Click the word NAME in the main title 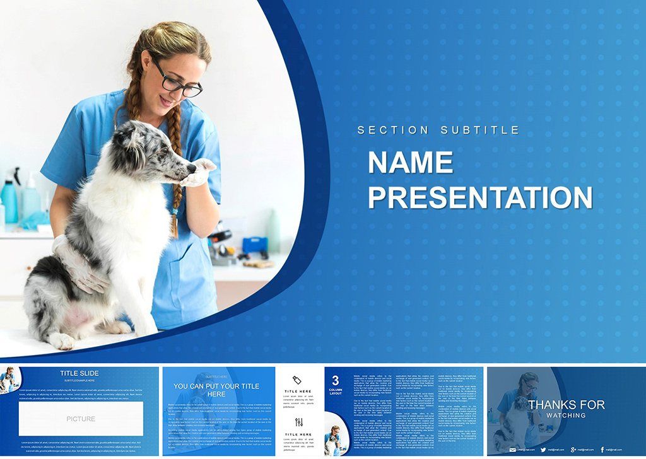point(410,163)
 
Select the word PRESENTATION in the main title point(480,198)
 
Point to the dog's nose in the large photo point(192,168)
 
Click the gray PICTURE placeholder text point(81,419)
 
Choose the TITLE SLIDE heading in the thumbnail point(79,373)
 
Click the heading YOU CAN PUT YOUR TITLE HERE point(216,390)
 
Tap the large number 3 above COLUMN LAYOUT point(336,380)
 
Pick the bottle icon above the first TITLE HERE point(298,380)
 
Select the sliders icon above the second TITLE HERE point(298,422)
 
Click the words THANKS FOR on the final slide point(567,405)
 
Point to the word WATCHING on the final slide point(566,415)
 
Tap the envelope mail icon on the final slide point(513,449)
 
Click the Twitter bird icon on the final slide point(543,449)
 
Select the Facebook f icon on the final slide point(602,449)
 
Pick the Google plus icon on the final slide point(573,449)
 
